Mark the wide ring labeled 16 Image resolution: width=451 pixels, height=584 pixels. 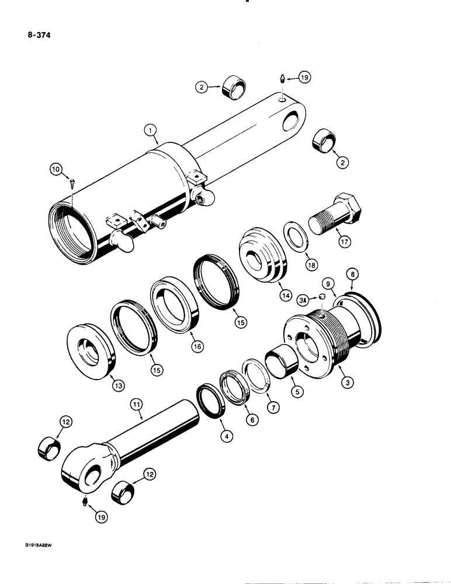176,306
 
